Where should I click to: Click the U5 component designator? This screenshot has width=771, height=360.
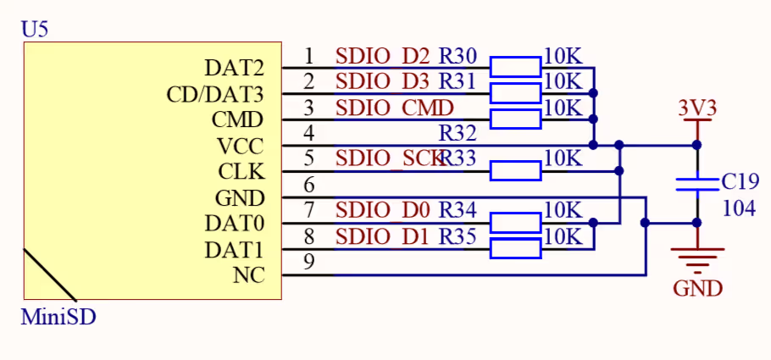pos(35,29)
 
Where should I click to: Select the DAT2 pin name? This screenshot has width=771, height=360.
pos(234,68)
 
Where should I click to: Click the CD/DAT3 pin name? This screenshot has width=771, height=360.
pos(215,93)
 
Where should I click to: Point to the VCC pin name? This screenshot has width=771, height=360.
pos(240,146)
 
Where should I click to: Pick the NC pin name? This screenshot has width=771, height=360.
pos(247,275)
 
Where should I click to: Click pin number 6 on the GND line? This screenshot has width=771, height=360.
pos(309,185)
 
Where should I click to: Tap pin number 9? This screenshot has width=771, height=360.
pos(309,263)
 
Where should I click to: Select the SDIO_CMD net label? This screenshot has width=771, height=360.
pos(394,108)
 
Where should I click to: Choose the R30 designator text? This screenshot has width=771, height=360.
pos(458,57)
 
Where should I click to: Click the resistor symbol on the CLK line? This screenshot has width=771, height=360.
pos(515,172)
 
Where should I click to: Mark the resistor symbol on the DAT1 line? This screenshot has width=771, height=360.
pos(515,249)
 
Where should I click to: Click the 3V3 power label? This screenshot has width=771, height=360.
pos(697,108)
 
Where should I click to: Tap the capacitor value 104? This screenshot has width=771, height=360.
pos(739,208)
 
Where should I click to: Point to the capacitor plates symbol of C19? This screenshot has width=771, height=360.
pos(697,185)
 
